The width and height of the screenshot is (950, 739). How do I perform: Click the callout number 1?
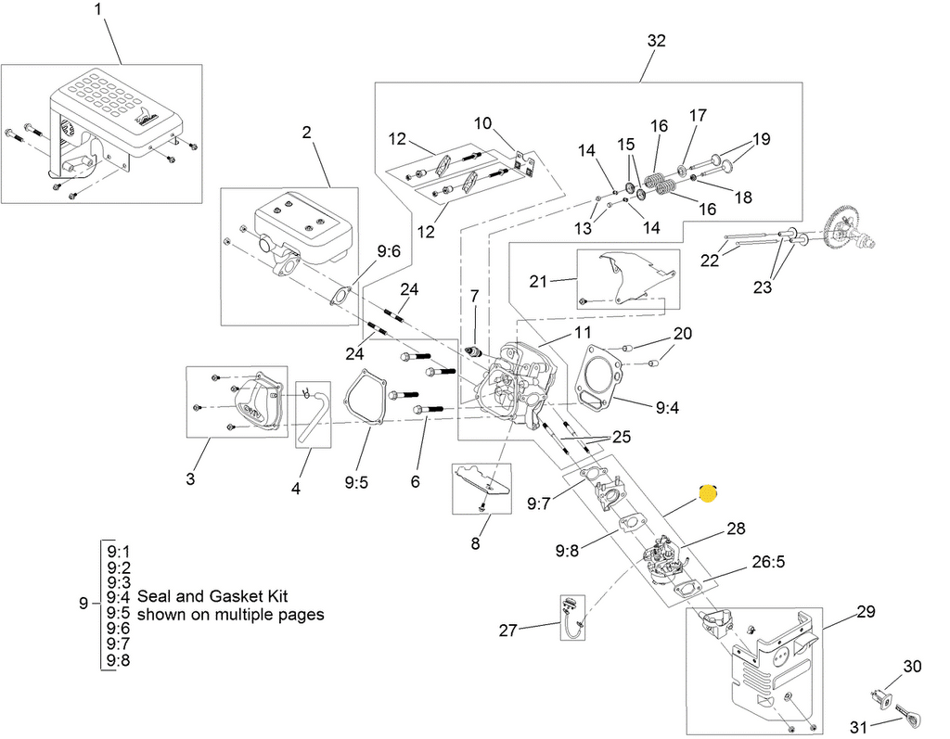pyautogui.click(x=99, y=12)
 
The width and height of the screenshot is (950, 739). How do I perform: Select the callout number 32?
pyautogui.click(x=656, y=41)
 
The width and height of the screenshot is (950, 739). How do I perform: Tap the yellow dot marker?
pyautogui.click(x=708, y=494)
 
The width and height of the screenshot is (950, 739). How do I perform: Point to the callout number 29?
pyautogui.click(x=865, y=612)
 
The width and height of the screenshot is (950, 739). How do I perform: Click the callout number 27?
pyautogui.click(x=507, y=631)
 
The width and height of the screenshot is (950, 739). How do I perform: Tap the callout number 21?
pyautogui.click(x=540, y=281)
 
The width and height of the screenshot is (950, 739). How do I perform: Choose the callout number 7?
pyautogui.click(x=474, y=296)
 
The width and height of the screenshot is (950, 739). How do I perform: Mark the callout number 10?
pyautogui.click(x=482, y=123)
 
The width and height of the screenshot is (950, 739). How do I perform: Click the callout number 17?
pyautogui.click(x=698, y=115)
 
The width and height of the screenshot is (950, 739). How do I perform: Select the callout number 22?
pyautogui.click(x=710, y=261)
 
